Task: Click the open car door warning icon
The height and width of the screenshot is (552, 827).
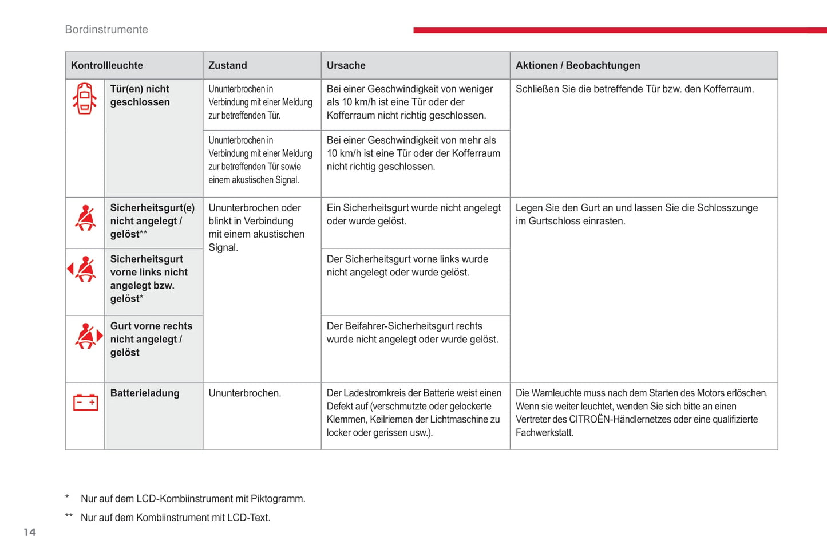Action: [85, 98]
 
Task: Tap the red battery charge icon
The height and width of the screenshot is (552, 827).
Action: [85, 403]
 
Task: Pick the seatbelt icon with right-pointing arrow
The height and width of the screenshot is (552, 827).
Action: [88, 336]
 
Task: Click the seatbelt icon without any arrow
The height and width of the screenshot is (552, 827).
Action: [85, 218]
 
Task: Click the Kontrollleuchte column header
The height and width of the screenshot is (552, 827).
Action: [107, 65]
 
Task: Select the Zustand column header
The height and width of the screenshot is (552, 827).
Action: [228, 65]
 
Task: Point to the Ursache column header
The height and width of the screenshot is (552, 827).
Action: [346, 65]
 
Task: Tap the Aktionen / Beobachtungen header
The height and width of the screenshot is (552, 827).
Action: [577, 65]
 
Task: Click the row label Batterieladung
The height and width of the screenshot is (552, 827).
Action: [145, 393]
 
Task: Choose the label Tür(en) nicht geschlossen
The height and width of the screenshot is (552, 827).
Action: [140, 96]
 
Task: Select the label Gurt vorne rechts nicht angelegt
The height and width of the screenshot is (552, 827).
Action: [151, 339]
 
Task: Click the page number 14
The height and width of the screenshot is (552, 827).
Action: [30, 533]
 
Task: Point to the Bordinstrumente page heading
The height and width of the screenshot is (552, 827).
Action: [106, 30]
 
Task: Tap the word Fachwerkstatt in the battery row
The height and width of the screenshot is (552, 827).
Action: [544, 433]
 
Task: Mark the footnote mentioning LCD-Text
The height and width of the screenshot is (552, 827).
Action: [175, 518]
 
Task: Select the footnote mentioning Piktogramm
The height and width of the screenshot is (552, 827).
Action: [193, 499]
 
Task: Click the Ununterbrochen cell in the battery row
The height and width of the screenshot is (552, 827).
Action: [244, 393]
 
